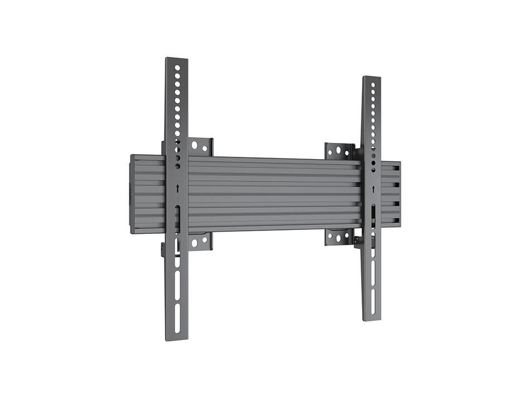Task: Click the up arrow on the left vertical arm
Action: click(x=177, y=189)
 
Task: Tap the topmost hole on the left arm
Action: click(x=177, y=68)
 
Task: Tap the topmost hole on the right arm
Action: click(x=373, y=85)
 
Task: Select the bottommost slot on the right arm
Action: click(x=372, y=306)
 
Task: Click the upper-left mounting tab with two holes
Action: click(x=200, y=147)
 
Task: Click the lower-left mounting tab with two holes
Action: click(x=200, y=242)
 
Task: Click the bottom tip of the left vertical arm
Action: click(x=177, y=338)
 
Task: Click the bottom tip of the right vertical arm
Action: click(x=372, y=319)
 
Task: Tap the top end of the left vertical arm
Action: click(x=176, y=59)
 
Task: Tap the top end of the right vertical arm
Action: click(x=372, y=79)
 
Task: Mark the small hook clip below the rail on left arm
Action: click(x=164, y=250)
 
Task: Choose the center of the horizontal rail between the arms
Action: click(x=273, y=194)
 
